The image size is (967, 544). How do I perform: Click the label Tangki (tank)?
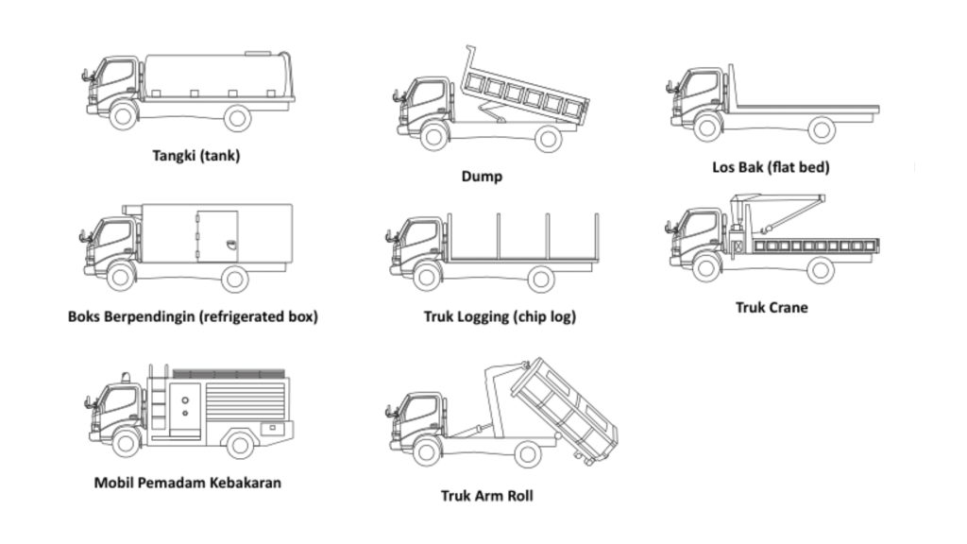click(x=196, y=156)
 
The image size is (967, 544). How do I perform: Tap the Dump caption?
click(x=482, y=176)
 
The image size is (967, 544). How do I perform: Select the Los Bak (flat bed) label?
click(x=771, y=168)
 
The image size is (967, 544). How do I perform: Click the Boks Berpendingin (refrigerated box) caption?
click(x=193, y=316)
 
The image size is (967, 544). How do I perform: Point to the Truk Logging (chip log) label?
click(x=500, y=316)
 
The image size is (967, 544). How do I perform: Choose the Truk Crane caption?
click(x=772, y=307)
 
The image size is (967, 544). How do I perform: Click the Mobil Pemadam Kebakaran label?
click(x=187, y=483)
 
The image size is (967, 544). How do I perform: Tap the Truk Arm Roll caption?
click(x=486, y=495)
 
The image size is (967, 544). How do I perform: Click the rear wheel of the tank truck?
click(x=237, y=118)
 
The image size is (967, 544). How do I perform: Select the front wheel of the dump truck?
click(x=433, y=136)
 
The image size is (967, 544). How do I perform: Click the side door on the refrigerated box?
click(x=217, y=236)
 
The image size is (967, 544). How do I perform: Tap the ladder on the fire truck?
click(x=160, y=401)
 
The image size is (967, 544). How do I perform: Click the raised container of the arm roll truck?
click(x=564, y=408)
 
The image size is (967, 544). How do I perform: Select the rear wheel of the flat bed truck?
click(x=822, y=128)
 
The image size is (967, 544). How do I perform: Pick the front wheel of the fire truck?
click(x=125, y=442)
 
